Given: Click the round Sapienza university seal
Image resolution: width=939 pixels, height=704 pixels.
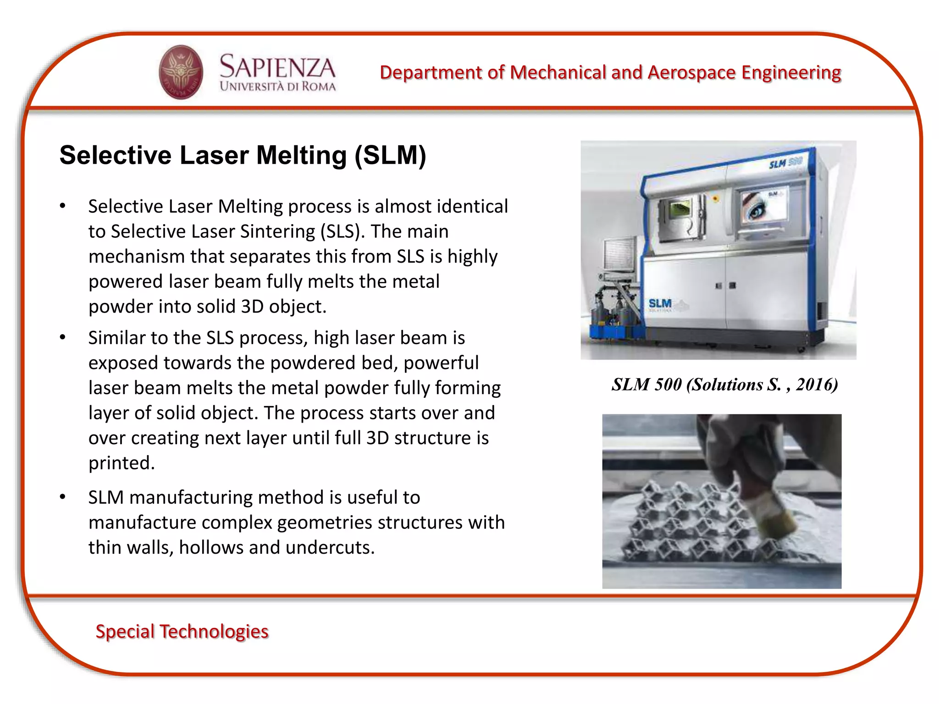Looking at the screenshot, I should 181,72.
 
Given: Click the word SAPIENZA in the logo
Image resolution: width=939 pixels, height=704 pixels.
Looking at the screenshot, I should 277,67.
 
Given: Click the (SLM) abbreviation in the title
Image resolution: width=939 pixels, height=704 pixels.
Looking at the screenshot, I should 390,155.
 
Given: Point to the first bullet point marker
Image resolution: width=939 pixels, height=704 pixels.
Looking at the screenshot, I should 63,206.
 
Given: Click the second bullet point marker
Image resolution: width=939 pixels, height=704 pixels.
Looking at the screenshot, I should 63,337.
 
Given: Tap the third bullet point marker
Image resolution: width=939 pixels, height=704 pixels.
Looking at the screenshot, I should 63,497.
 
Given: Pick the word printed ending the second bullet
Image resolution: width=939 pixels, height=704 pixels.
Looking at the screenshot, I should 122,463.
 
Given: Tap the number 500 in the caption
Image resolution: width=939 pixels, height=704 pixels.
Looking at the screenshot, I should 668,384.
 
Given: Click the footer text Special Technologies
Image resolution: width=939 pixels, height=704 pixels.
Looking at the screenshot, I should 182,631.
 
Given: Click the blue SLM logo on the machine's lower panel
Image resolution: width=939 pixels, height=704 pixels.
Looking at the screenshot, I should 660,303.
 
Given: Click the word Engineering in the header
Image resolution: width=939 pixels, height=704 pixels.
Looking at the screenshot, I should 791,72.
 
